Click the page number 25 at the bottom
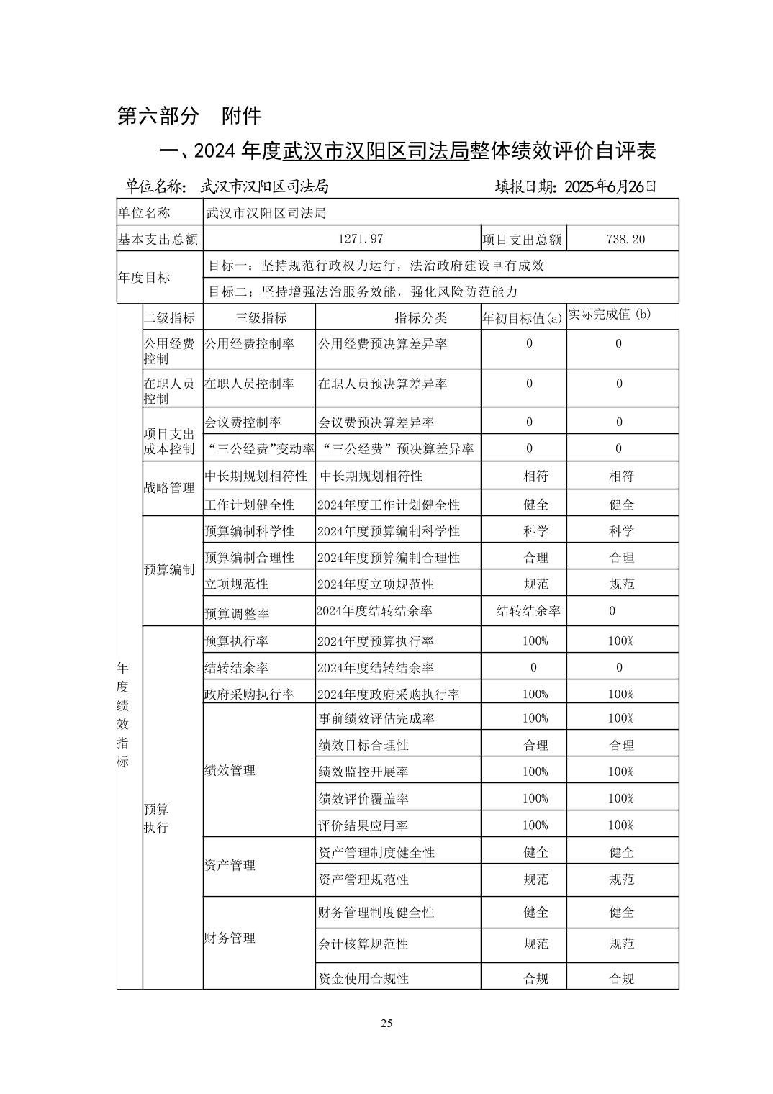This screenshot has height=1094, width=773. [386, 1023]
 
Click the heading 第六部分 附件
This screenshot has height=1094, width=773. [189, 115]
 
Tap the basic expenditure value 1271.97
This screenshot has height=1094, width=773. [361, 239]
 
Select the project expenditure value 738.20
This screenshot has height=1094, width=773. [625, 239]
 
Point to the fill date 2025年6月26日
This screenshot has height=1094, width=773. [577, 186]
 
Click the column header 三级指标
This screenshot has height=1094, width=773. [261, 317]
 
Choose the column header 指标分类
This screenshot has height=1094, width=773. [420, 317]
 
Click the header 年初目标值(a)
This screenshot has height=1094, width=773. [522, 318]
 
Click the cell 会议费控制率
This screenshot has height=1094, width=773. [243, 422]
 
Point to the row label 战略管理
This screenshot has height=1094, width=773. [169, 488]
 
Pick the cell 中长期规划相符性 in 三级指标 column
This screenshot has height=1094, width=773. [256, 476]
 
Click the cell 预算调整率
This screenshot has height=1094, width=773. [237, 614]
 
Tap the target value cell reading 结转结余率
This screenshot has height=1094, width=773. [528, 611]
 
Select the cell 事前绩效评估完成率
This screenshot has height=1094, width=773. [376, 718]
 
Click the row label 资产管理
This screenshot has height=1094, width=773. [230, 865]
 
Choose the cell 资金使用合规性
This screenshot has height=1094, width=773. [363, 978]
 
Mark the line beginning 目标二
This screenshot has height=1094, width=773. [363, 291]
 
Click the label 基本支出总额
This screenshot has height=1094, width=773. [158, 239]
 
